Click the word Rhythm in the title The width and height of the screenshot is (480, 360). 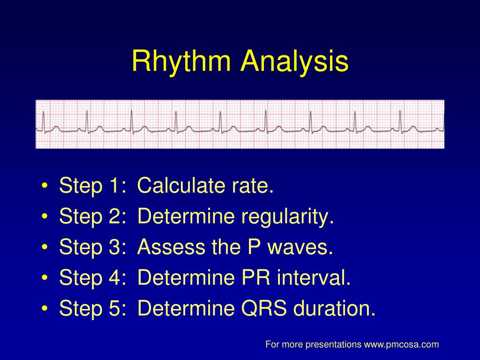181,61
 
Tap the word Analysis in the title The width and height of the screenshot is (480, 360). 294,61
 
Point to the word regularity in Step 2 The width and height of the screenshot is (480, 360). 287,217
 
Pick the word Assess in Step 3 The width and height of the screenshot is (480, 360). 171,247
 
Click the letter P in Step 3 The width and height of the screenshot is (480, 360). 254,247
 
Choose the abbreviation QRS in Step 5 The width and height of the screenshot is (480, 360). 264,308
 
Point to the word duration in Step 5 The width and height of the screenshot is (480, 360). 334,308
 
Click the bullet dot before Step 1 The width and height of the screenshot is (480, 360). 45,186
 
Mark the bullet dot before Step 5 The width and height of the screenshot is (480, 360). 45,308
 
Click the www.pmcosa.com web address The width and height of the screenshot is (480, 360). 401,345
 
